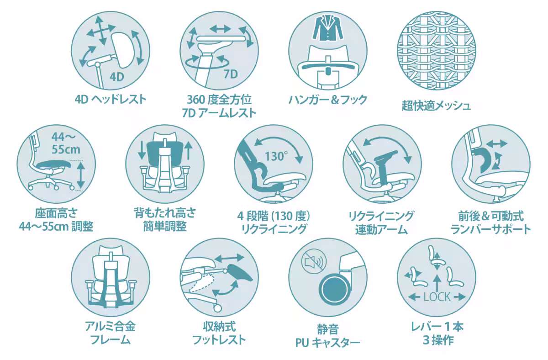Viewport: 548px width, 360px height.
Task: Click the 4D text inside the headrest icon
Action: point(117,76)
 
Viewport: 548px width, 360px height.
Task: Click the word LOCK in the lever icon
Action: point(437,297)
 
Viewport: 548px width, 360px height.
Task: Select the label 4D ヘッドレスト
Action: point(111,99)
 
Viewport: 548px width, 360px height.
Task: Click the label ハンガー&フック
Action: point(328,100)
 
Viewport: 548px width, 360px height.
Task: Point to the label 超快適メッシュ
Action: point(436,106)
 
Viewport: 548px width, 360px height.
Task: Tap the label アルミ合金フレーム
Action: point(111,333)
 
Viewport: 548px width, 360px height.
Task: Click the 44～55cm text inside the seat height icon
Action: point(65,142)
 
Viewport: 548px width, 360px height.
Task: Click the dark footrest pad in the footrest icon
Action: point(241,274)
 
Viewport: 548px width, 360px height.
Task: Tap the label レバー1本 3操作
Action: point(437,334)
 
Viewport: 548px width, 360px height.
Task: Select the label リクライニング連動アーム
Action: point(381,222)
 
